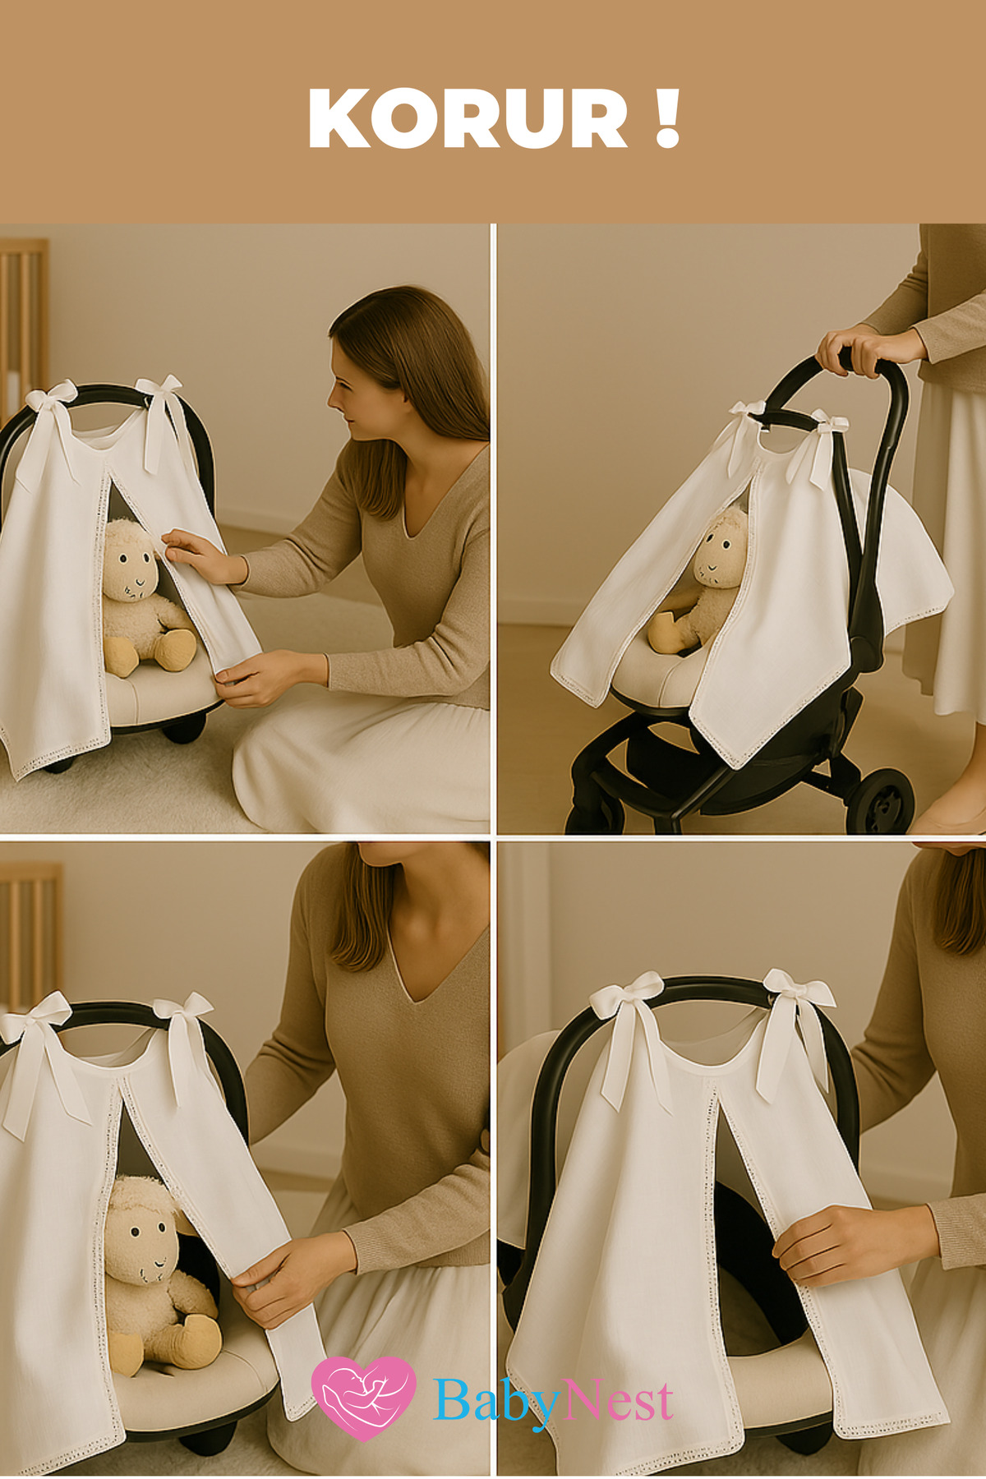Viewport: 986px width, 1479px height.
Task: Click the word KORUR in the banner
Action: pyautogui.click(x=468, y=118)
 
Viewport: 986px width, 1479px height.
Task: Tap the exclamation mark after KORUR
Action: pyautogui.click(x=669, y=118)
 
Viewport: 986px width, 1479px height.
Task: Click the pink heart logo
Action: pyautogui.click(x=363, y=1398)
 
